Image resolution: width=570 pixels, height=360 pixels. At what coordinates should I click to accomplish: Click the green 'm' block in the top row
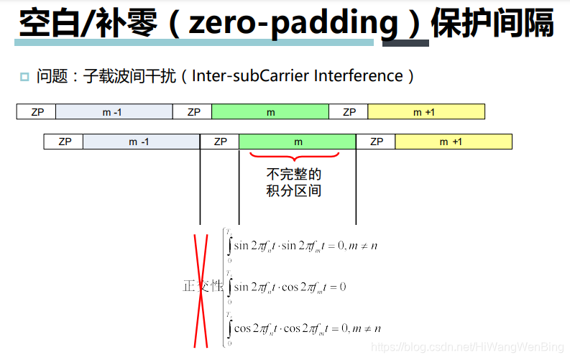(x=270, y=112)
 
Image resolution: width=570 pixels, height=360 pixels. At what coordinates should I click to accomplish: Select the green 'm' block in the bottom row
(x=298, y=142)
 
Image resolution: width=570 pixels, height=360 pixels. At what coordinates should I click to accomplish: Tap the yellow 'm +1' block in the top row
(x=426, y=112)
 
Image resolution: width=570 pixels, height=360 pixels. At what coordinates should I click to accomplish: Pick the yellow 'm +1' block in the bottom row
(x=453, y=142)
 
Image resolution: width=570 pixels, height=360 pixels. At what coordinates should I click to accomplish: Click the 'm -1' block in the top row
(x=114, y=112)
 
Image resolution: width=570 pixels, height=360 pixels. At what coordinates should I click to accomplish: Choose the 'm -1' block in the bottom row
(x=141, y=142)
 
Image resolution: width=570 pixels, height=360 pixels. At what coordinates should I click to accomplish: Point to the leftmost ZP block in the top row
(x=37, y=112)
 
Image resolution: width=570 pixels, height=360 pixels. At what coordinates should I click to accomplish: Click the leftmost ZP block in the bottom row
(x=63, y=142)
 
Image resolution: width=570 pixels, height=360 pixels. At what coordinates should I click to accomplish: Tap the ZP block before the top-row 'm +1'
(x=349, y=112)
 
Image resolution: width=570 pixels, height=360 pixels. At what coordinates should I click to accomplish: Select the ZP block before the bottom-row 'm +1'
(x=376, y=142)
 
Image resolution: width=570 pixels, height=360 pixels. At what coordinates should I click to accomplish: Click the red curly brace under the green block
(x=293, y=156)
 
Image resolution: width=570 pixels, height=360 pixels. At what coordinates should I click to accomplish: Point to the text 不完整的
(x=293, y=174)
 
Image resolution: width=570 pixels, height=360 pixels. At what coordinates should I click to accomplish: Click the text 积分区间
(x=293, y=191)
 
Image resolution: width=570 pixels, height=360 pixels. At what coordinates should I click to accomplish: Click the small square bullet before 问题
(x=24, y=77)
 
